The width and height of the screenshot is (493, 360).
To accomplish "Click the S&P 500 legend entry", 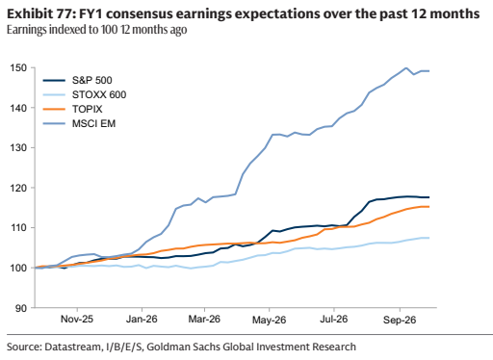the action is pos(92,80).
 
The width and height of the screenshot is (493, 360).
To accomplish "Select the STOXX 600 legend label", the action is pos(99,94).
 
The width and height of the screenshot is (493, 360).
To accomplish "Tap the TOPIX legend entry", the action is pos(88,109).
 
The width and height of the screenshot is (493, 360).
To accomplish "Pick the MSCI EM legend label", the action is pos(93,123).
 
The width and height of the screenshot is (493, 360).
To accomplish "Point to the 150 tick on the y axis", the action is pos(18,68).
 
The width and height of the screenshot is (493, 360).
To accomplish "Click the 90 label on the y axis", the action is pos(21,308).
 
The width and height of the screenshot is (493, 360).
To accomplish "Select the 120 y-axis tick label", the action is pos(18,188).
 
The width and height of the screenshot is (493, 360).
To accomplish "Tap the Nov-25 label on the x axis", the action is pos(77,320).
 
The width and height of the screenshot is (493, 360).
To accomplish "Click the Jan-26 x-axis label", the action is pos(142,320).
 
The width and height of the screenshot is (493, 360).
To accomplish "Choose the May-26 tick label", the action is pos(269,320).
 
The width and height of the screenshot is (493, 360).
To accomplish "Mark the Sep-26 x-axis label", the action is pos(400,320).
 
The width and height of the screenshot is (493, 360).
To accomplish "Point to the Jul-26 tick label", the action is pos(334,320).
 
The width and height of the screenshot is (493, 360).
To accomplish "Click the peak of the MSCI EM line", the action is pos(406,67).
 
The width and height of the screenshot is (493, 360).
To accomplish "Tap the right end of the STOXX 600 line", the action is pos(429,238).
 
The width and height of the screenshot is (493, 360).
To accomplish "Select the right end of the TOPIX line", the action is pos(429,207).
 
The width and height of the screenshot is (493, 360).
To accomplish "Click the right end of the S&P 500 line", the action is pos(429,197).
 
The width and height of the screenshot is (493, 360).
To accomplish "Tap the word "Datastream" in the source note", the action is pos(72,347).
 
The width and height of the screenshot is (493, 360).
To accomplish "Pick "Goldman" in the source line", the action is pos(165,347).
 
